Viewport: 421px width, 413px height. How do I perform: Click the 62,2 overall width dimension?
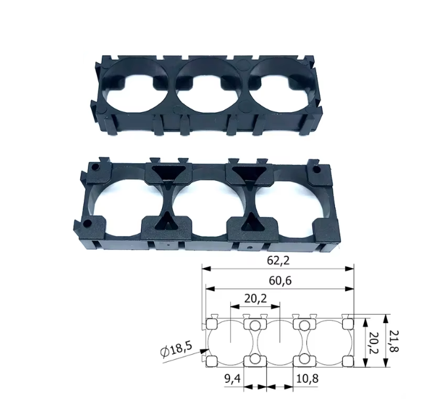point(278,260)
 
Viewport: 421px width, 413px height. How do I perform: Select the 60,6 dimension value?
point(280,281)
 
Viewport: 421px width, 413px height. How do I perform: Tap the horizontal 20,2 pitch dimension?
point(256,298)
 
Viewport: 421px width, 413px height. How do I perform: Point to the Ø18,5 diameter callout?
point(176,349)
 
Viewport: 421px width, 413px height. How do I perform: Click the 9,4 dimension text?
point(233,379)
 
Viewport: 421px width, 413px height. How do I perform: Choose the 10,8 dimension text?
point(307,379)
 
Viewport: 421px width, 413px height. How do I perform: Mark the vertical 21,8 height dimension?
point(394,341)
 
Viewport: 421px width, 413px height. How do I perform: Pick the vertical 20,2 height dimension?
point(374,343)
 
